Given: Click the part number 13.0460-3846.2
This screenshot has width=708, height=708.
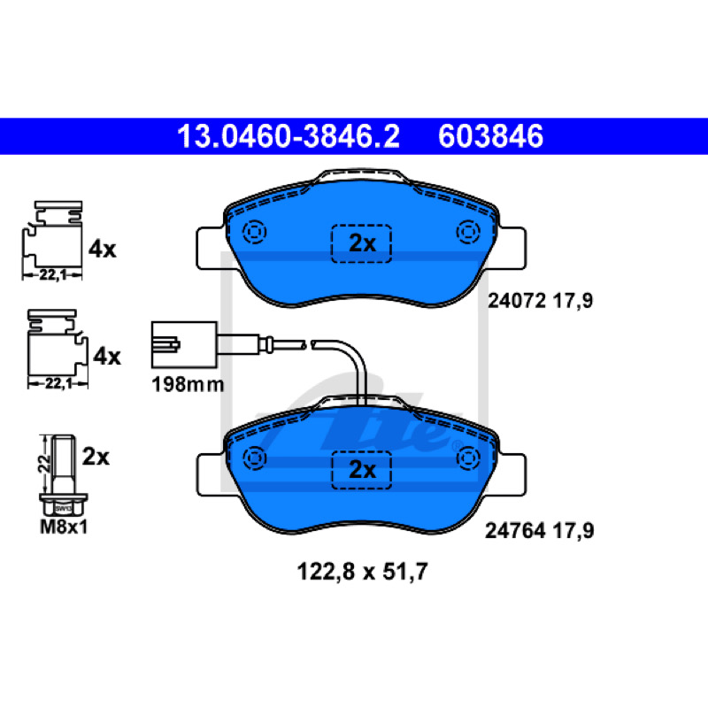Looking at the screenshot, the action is [x=289, y=136].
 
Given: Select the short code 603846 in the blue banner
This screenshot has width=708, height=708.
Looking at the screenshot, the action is [x=490, y=136].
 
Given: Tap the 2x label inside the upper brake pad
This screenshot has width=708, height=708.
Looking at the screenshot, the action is [x=362, y=244].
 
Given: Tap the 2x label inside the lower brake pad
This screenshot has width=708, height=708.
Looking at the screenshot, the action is [x=362, y=470].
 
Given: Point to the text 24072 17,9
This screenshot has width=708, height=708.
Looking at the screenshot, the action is [x=540, y=301].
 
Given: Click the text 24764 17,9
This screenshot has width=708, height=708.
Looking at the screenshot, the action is [x=540, y=531].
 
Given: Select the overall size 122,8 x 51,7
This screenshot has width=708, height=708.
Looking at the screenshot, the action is [x=362, y=572].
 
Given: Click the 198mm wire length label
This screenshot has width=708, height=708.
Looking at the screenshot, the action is [x=188, y=385].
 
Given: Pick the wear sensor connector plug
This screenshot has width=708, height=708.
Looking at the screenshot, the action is [x=184, y=345].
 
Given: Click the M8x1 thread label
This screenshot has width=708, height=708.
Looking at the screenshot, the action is [x=64, y=527].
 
